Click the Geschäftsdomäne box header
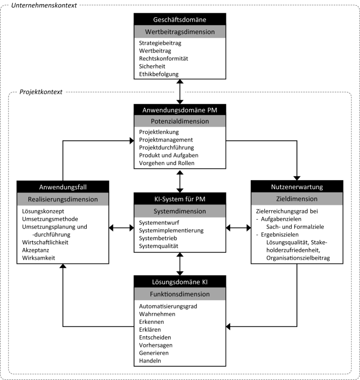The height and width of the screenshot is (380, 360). click(180, 19)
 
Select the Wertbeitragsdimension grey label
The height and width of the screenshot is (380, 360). click(180, 32)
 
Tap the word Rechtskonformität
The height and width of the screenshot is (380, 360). click(163, 59)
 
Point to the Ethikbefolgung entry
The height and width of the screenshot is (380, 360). click(159, 74)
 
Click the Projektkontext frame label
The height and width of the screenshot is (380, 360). click(41, 92)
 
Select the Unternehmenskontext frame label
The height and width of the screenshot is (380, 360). click(44, 5)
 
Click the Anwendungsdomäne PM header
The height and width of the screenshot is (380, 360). click(180, 110)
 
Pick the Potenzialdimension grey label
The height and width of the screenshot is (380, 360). click(180, 121)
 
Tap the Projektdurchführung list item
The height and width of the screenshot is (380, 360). click(167, 148)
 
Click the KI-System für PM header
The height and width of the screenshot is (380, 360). click(180, 199)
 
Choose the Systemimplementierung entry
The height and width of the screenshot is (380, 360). click(171, 231)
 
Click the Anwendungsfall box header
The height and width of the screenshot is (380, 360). click(63, 187)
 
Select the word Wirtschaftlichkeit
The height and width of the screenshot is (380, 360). click(45, 242)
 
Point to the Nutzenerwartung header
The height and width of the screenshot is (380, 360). click(297, 187)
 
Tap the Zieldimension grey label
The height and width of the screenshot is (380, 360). click(297, 199)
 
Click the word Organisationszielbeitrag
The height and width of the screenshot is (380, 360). click(298, 258)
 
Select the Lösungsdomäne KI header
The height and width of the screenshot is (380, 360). click(180, 282)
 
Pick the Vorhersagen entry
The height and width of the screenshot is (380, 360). click(156, 345)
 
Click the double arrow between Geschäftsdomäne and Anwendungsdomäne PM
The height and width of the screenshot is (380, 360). click(180, 92)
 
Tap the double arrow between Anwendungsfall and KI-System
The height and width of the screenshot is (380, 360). click(121, 228)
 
